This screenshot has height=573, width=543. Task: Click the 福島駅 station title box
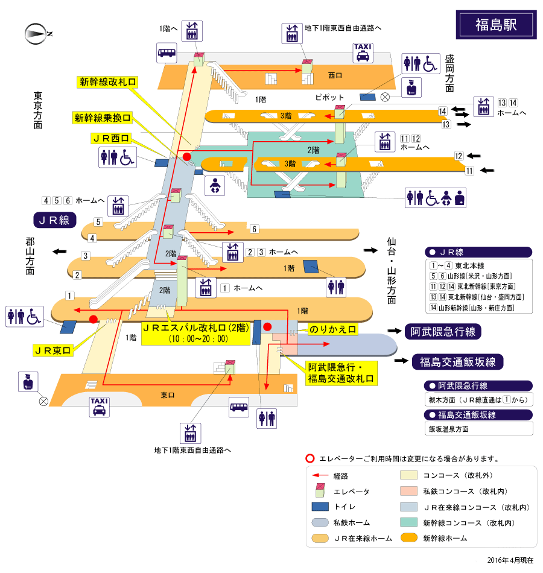496,25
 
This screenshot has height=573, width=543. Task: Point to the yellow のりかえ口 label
332,329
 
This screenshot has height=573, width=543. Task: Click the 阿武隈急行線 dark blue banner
443,331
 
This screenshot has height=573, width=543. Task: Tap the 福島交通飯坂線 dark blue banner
457,362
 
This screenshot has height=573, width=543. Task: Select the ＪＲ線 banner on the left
55,220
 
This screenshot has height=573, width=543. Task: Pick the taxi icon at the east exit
98,407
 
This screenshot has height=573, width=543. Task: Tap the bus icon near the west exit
167,52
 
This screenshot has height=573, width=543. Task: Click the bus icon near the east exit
239,407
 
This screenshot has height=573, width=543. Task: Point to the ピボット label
329,97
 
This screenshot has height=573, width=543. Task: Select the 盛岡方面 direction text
449,74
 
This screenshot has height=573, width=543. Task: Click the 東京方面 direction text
38,110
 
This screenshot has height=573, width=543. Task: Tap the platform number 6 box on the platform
255,229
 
